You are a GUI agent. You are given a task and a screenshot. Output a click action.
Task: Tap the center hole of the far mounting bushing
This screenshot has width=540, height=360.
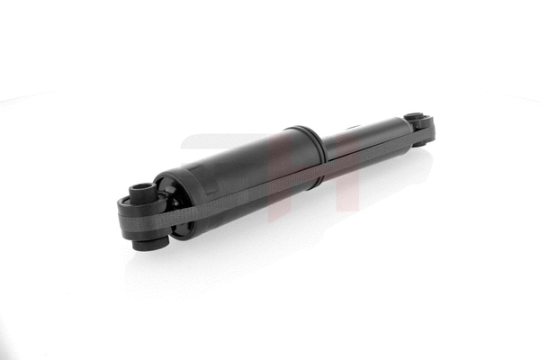point(415,117)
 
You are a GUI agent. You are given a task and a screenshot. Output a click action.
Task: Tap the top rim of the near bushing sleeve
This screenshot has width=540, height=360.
point(142,184)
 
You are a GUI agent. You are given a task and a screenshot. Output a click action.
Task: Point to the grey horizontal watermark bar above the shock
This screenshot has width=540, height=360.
point(216,140)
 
